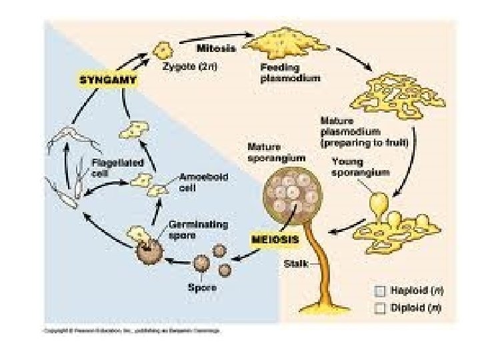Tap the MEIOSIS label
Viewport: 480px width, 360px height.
click(273, 238)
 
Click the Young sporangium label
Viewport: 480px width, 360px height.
click(357, 168)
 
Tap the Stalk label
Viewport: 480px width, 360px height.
click(295, 264)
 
